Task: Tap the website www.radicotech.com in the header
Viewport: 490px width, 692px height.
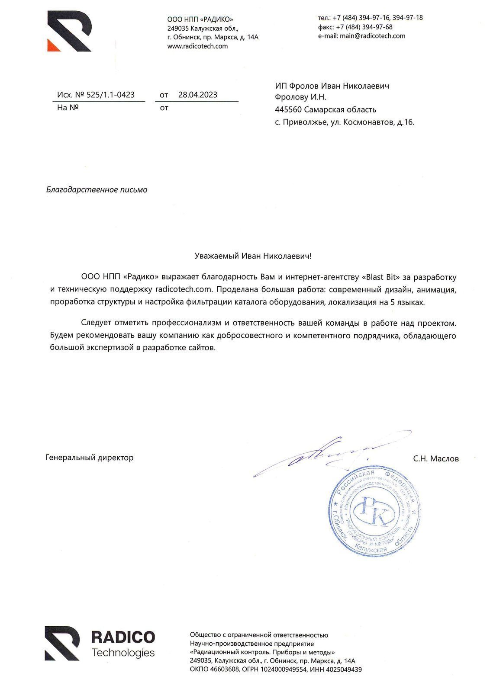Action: (x=197, y=46)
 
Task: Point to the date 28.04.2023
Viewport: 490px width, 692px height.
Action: (x=198, y=95)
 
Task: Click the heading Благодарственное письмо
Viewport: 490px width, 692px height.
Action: (x=97, y=190)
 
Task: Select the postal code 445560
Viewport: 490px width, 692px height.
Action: (x=288, y=110)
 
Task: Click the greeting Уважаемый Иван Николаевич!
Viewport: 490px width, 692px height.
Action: (x=253, y=256)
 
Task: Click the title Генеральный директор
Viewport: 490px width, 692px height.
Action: (x=89, y=458)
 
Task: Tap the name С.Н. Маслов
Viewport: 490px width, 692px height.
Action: (x=436, y=458)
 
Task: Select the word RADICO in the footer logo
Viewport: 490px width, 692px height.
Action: (x=123, y=637)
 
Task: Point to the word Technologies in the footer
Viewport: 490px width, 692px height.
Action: (x=123, y=653)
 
